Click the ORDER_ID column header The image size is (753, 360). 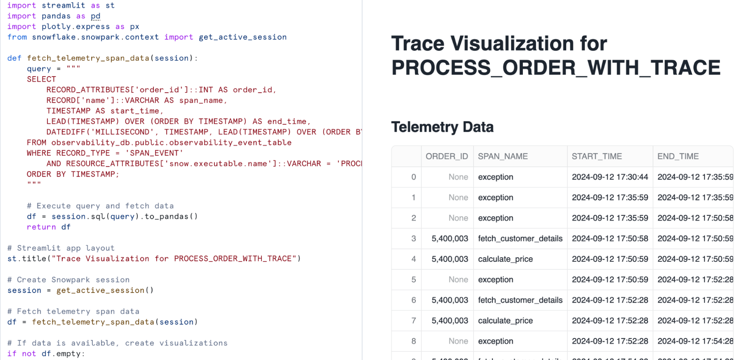(447, 156)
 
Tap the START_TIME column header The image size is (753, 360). (597, 156)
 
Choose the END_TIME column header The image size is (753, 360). (678, 156)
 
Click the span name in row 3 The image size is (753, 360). (520, 238)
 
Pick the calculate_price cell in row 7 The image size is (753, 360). (506, 320)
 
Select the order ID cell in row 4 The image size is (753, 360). (450, 259)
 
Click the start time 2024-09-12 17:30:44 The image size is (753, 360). (610, 177)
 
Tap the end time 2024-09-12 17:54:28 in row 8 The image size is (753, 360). (695, 341)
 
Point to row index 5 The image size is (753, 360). (414, 279)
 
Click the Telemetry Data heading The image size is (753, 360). (442, 127)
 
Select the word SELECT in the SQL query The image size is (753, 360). (41, 79)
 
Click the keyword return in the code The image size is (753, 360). (41, 227)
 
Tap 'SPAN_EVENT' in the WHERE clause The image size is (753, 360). (154, 153)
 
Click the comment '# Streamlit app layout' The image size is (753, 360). (61, 248)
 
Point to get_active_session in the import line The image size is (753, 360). (243, 37)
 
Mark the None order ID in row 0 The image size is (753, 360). (458, 177)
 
